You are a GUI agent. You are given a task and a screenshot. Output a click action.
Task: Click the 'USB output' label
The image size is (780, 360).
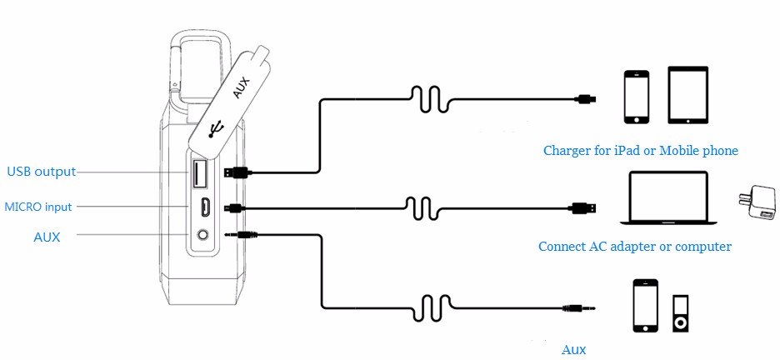pyautogui.click(x=41, y=172)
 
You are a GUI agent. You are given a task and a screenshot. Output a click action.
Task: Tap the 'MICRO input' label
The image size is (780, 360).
pyautogui.click(x=38, y=207)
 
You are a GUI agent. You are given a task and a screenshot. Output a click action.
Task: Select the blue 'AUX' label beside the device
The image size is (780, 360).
pyautogui.click(x=47, y=237)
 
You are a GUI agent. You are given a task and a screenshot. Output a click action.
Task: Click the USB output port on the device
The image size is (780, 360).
pyautogui.click(x=199, y=173)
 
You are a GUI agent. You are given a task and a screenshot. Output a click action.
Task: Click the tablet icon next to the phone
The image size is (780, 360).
pyautogui.click(x=687, y=95)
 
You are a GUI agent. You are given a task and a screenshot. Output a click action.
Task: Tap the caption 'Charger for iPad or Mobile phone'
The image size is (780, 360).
pyautogui.click(x=640, y=151)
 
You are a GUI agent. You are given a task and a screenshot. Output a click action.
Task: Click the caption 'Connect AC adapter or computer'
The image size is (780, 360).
pyautogui.click(x=634, y=247)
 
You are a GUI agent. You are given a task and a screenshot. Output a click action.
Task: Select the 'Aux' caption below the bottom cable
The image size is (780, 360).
pyautogui.click(x=573, y=349)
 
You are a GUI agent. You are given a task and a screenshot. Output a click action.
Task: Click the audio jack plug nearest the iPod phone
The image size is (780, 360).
pyautogui.click(x=580, y=308)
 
